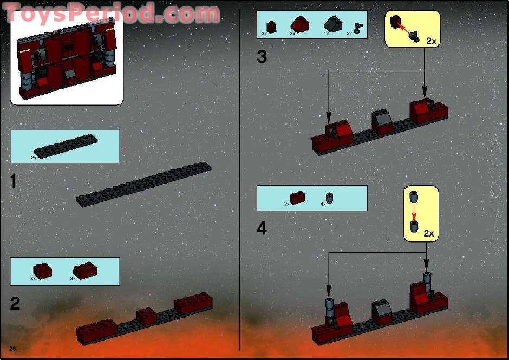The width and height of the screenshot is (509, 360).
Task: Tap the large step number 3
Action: tap(262, 56)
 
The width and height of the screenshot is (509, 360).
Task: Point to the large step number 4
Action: tap(262, 228)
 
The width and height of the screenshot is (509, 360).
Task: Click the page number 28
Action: tap(12, 346)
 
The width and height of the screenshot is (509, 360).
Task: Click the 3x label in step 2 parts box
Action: tap(33, 278)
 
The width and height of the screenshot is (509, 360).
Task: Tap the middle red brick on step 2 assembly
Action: tap(146, 315)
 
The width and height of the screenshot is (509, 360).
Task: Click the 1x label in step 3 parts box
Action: tap(326, 34)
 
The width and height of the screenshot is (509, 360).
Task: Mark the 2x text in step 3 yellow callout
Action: tap(431, 41)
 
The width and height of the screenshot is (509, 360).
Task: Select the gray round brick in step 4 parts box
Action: tap(329, 197)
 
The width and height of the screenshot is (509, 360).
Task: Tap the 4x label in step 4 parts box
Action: tap(323, 204)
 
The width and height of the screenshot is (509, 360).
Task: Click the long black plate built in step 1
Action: tap(144, 184)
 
